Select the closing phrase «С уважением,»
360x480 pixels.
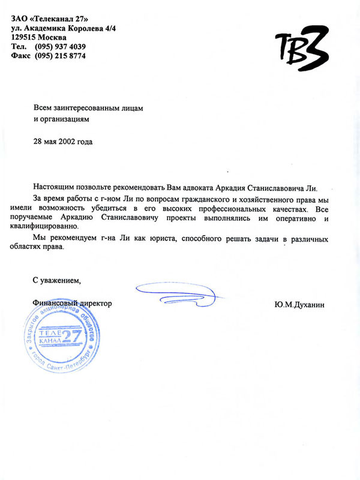pyautogui.click(x=57, y=280)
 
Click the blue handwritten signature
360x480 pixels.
pyautogui.click(x=180, y=293)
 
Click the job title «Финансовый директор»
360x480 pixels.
pyautogui.click(x=73, y=304)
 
